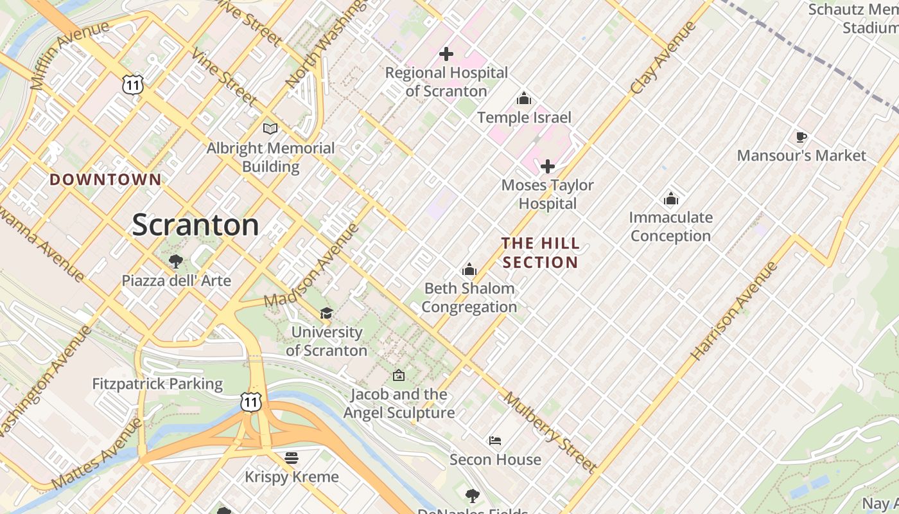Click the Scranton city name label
click(195, 225)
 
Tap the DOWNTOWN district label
click(105, 180)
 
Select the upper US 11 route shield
click(133, 84)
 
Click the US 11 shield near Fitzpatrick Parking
click(251, 402)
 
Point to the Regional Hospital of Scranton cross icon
click(446, 55)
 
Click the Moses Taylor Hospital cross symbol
click(548, 167)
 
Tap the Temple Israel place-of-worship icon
click(524, 99)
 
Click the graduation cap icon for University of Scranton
click(326, 313)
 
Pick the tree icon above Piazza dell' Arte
click(176, 261)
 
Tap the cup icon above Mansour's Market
click(801, 137)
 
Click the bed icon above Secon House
click(495, 441)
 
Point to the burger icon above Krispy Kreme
click(292, 457)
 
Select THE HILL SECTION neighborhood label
click(541, 253)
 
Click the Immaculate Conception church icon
click(671, 199)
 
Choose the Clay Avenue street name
click(664, 58)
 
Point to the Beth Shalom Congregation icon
click(469, 269)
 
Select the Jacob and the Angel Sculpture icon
click(399, 375)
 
